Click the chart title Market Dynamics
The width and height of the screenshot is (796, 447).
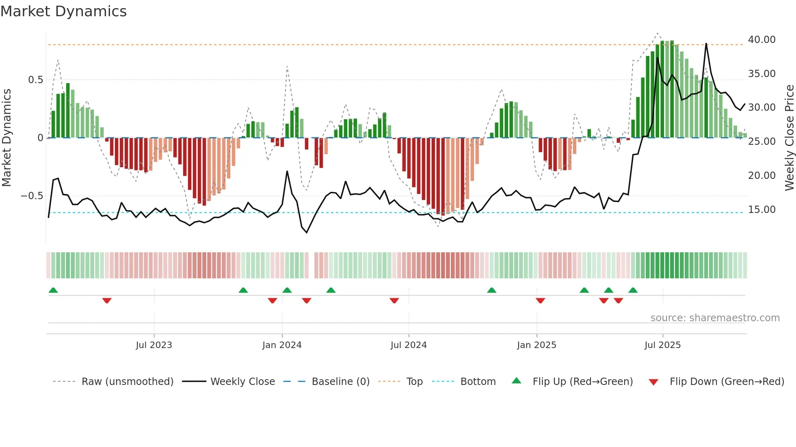pos(63,11)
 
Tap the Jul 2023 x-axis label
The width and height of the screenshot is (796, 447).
pos(154,345)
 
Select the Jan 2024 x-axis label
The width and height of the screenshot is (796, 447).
pos(282,345)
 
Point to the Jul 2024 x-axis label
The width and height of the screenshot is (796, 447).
pos(409,345)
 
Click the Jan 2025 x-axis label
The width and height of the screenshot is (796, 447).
pos(536,345)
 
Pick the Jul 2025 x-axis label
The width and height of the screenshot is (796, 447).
pos(662,345)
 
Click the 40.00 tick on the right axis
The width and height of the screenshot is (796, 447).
pos(761,40)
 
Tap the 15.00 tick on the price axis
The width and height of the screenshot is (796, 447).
pos(761,210)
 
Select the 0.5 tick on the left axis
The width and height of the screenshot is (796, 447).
pos(35,80)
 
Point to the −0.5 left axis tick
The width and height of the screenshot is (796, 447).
pos(32,196)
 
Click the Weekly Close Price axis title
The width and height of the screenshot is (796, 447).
pos(789,138)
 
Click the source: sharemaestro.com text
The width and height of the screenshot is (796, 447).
pos(715,318)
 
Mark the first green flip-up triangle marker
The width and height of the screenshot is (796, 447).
pos(53,290)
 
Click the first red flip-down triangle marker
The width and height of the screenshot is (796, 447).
pos(107,301)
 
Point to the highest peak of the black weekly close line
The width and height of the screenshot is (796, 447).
pos(706,43)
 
